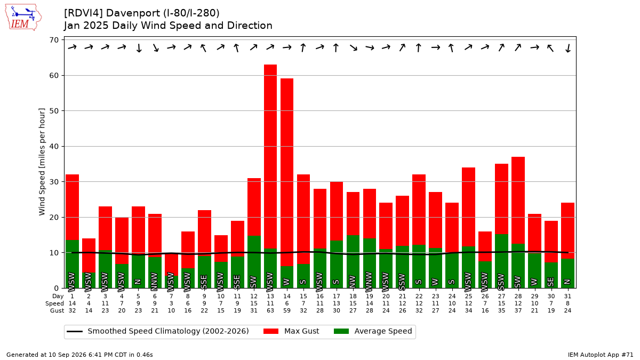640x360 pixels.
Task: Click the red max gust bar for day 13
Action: (x=270, y=157)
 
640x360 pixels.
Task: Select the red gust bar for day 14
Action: (x=287, y=172)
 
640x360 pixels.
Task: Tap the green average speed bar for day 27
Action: (x=501, y=261)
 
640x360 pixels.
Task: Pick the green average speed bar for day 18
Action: (x=353, y=262)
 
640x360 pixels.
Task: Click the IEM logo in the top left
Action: (x=23, y=17)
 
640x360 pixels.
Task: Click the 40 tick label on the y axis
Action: (x=54, y=146)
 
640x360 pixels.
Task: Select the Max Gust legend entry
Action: (x=291, y=331)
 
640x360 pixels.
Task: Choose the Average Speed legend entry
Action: (x=373, y=331)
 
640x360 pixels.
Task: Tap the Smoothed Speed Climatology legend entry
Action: (x=158, y=331)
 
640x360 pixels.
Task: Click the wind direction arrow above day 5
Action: (x=139, y=48)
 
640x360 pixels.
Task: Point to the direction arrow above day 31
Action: (x=568, y=48)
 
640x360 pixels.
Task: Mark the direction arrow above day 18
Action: (x=354, y=47)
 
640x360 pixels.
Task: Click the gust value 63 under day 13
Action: (x=270, y=310)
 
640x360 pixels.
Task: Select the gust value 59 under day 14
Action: (x=287, y=310)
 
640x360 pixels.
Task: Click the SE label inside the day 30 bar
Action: (x=551, y=282)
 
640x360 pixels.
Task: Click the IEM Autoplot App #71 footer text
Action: (x=601, y=355)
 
